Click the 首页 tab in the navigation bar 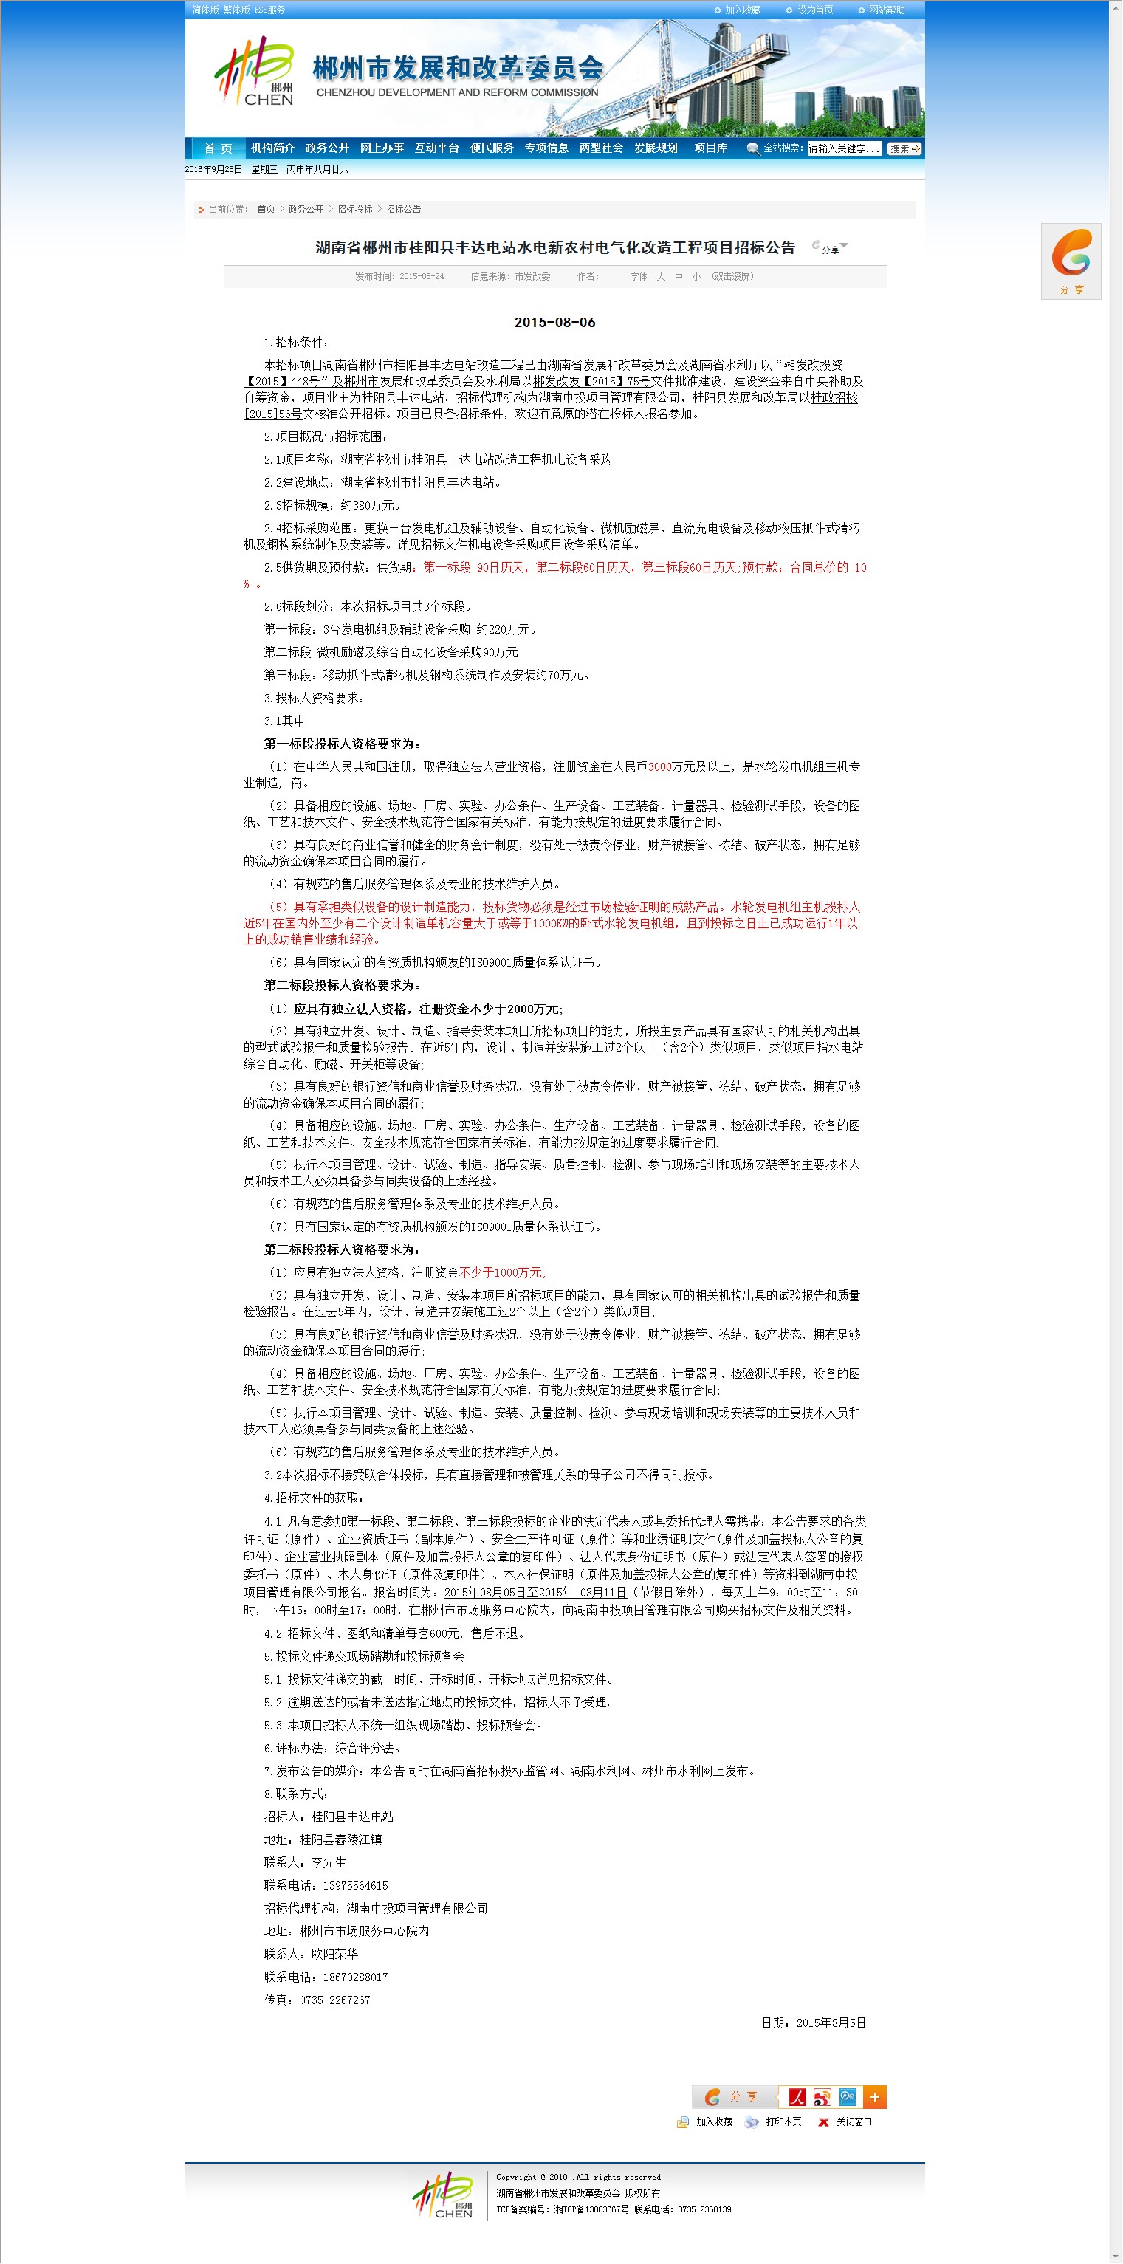coord(218,148)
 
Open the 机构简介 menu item coord(272,148)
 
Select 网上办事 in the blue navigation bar coord(382,148)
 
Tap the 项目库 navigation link coord(710,148)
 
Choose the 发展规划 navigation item coord(656,148)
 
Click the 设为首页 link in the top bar coord(814,10)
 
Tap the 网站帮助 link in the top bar coord(886,10)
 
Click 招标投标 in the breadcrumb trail coord(354,209)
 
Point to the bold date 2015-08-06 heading coord(554,323)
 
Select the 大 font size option coord(661,277)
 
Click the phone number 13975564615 coord(355,1885)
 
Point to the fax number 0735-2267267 coord(334,2000)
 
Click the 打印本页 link coord(782,2121)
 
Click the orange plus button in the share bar coord(874,2097)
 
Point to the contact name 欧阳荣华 coord(334,1954)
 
